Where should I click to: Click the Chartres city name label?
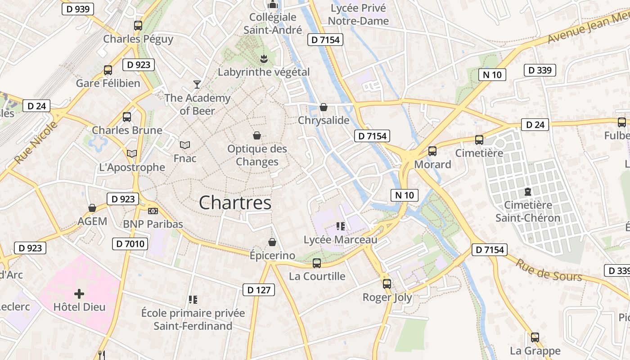tap(235, 202)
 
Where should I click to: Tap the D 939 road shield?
tap(77, 9)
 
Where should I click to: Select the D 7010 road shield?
tap(130, 244)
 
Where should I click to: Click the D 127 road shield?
tap(259, 290)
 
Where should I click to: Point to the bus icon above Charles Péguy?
tap(138, 26)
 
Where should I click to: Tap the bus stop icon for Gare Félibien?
tap(108, 70)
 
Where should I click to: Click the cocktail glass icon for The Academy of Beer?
tap(197, 84)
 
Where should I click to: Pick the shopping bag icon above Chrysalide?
tap(323, 107)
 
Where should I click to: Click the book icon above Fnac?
tap(185, 145)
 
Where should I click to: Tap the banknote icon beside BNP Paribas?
tap(153, 211)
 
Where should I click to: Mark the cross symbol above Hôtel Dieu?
tap(79, 294)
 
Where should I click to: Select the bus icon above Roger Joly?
tap(387, 284)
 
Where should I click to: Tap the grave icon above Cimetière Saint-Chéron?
tap(527, 192)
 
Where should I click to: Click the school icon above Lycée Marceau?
tap(340, 226)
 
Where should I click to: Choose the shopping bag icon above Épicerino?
tap(272, 243)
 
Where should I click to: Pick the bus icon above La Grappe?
tap(535, 337)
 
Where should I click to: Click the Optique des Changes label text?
tap(257, 155)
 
